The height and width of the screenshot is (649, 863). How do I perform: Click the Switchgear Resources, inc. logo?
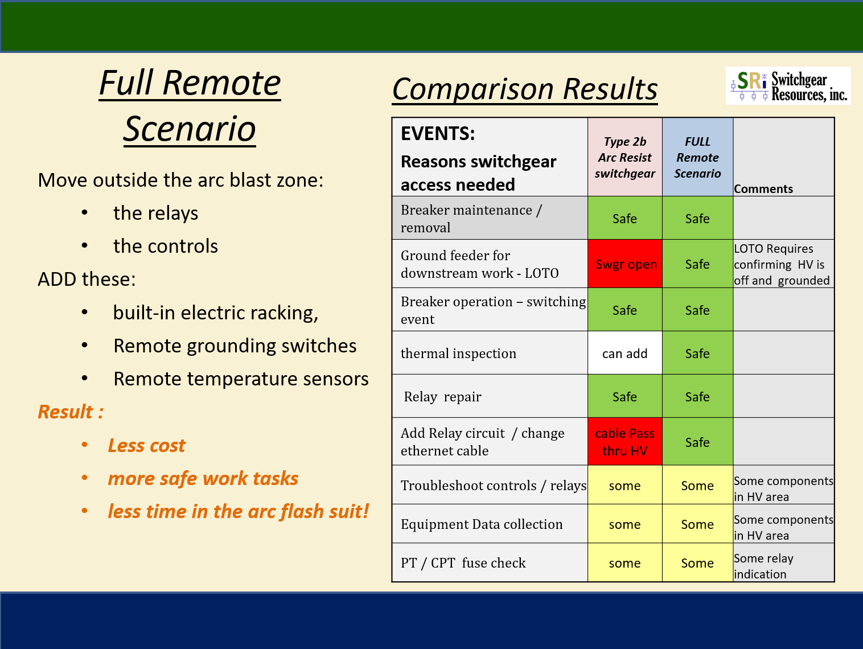point(788,86)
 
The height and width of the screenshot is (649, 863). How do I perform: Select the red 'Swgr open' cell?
point(625,264)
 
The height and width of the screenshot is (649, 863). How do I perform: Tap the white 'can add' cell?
point(625,353)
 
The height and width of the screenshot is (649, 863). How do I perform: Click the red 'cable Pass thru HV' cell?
point(625,441)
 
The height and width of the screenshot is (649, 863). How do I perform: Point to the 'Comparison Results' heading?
point(524,89)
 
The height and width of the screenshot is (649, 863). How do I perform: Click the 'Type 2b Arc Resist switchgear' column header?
point(625,157)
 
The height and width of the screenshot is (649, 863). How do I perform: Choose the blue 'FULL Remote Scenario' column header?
point(697,157)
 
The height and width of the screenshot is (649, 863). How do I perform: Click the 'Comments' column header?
point(763,189)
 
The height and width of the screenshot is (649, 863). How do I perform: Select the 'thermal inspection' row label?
point(458,354)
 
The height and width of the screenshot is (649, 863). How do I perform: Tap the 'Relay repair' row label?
point(442,397)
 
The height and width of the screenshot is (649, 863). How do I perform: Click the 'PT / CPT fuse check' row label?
point(463,563)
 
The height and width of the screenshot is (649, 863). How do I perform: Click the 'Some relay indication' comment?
point(763,566)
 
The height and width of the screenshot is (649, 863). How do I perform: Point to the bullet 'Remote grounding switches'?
point(235,346)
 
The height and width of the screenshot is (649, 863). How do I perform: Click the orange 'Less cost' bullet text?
point(146,445)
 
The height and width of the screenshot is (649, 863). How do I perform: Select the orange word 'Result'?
point(65,412)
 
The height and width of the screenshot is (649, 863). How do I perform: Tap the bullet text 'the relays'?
point(156,213)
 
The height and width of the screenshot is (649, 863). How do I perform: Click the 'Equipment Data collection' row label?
point(482,524)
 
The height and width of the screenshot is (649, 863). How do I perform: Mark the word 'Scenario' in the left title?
point(190,129)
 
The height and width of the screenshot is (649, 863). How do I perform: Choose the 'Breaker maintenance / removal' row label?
point(471,219)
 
